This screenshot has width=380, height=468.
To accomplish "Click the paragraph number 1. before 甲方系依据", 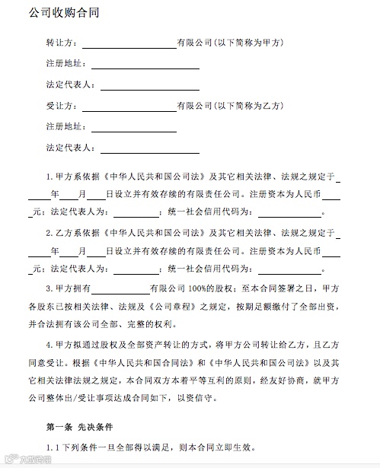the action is pos(49,176).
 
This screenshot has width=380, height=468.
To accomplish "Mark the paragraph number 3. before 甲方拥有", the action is pos(49,288).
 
